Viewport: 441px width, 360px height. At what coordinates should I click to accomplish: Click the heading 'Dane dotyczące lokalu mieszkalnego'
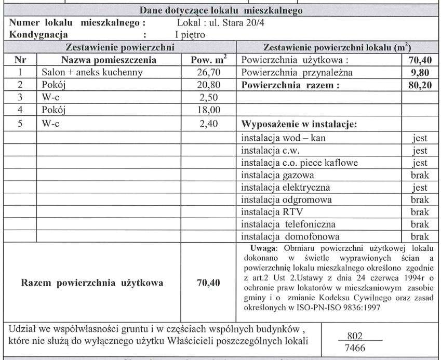tap(220, 10)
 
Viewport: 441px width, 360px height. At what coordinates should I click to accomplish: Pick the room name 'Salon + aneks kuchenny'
tap(91, 73)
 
